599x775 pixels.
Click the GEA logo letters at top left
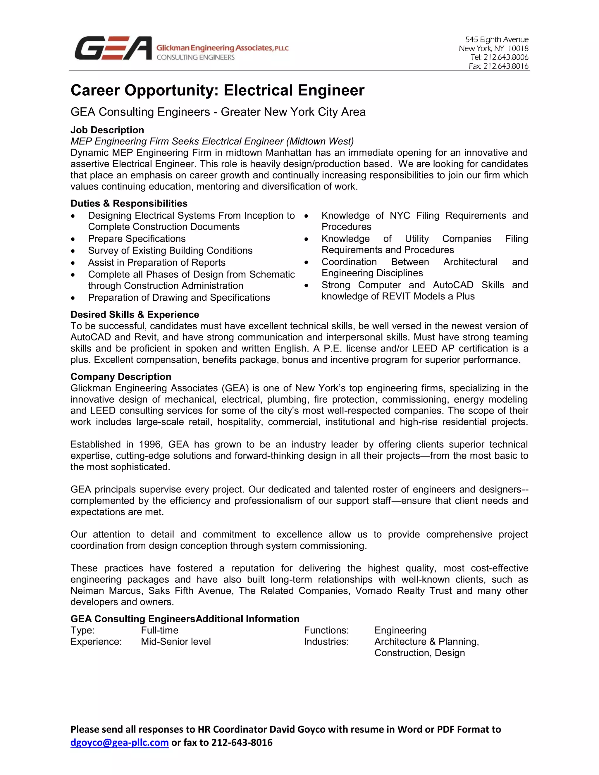(x=113, y=48)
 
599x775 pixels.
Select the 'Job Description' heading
(x=107, y=130)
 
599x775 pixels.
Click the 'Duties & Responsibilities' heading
(x=129, y=203)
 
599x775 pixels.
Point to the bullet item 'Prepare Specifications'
(x=137, y=238)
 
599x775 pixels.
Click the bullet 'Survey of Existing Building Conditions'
(x=170, y=251)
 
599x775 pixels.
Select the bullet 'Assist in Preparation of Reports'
(x=156, y=263)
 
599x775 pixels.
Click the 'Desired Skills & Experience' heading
(x=135, y=315)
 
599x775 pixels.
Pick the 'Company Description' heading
(x=121, y=376)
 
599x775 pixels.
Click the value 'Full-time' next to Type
(x=159, y=630)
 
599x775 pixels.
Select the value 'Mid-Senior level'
(x=176, y=642)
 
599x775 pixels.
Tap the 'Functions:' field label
(x=326, y=630)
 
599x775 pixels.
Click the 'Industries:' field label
(x=326, y=642)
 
